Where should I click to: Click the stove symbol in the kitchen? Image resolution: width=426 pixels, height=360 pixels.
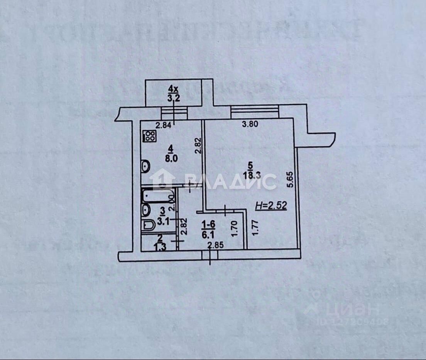click(x=149, y=136)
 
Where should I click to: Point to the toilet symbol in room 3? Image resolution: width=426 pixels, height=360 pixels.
click(x=149, y=225)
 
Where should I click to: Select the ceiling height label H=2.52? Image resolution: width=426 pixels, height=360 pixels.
click(x=271, y=206)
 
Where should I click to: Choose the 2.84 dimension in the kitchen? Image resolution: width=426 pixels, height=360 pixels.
click(x=163, y=125)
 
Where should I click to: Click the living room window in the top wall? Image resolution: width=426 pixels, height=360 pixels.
click(x=255, y=112)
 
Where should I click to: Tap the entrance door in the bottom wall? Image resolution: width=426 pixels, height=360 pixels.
click(x=210, y=255)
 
